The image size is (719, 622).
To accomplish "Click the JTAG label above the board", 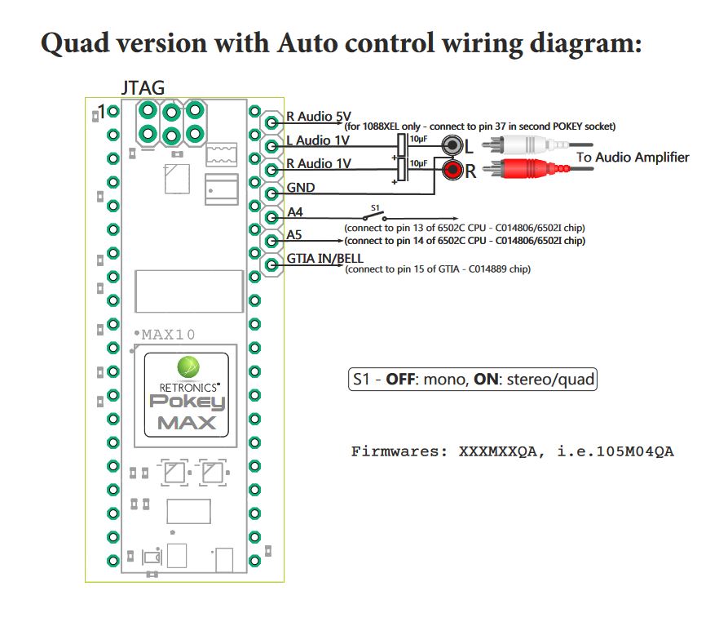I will point(143,87).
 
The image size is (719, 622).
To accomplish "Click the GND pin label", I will point(301,188).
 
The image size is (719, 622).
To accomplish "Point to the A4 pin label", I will point(295,212).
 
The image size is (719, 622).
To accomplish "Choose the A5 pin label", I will point(295,236).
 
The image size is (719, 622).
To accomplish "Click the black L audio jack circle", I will point(452,146).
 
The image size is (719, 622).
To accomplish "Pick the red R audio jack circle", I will point(452,171).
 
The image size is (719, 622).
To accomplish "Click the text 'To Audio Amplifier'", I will point(633,157).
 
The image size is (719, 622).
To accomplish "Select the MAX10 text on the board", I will point(168,334).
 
